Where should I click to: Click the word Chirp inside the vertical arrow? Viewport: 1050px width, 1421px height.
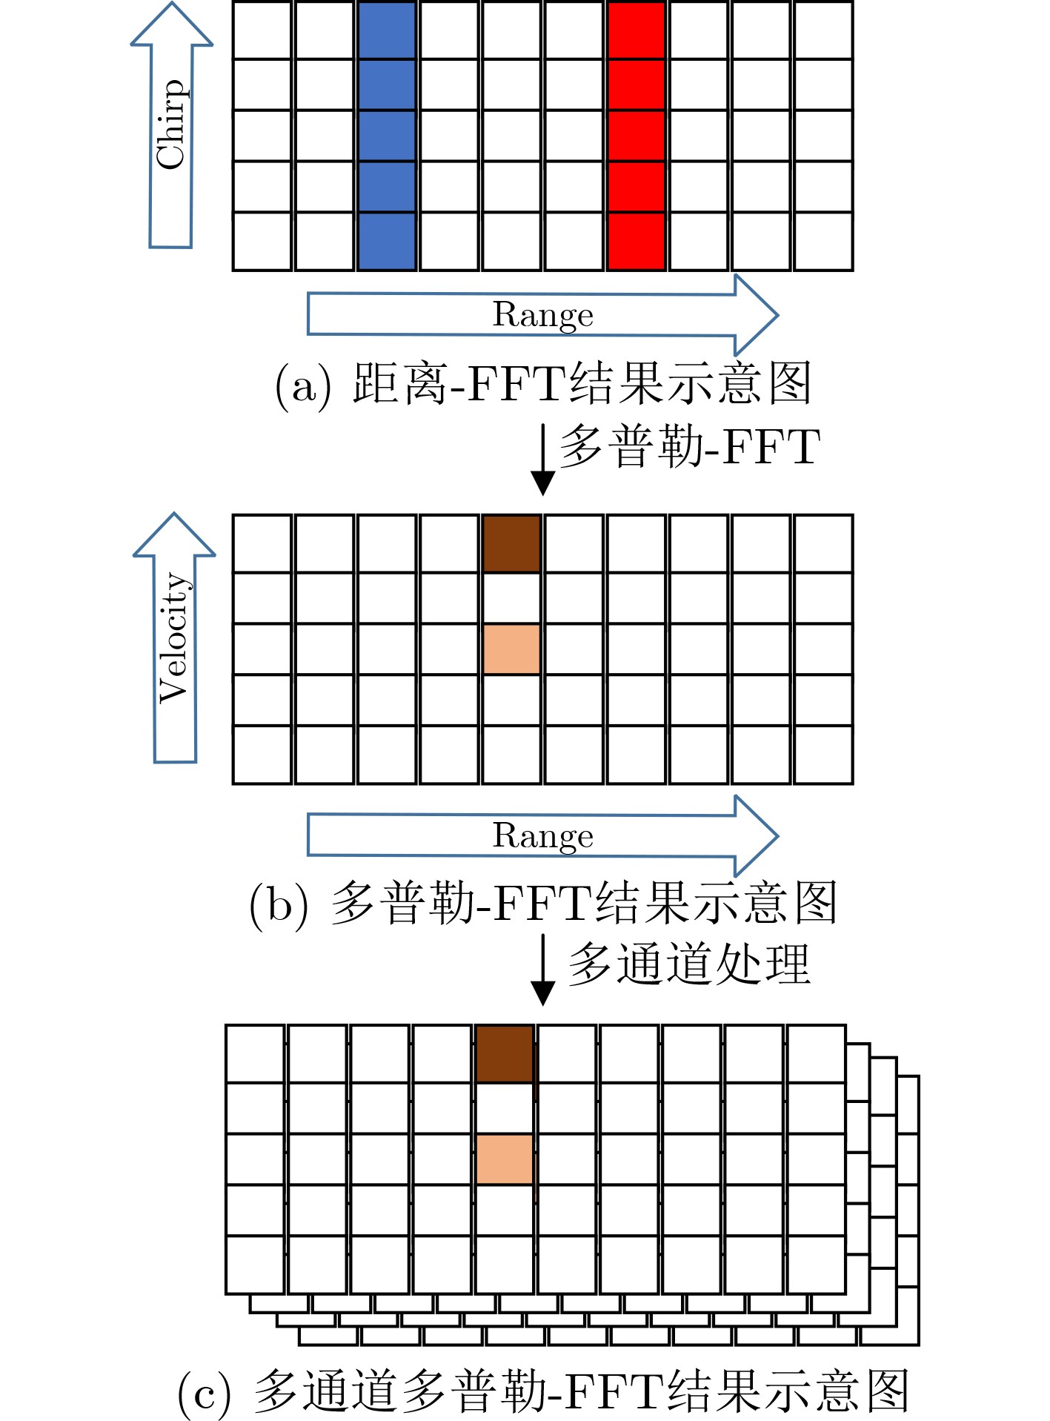click(170, 124)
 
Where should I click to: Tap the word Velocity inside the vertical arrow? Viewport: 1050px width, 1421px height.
click(175, 637)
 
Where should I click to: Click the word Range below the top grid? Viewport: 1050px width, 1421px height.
click(543, 315)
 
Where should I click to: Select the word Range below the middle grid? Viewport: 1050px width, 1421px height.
click(543, 836)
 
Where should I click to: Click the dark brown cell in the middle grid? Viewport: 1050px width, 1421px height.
click(511, 543)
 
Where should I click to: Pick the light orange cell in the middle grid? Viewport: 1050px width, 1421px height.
click(511, 649)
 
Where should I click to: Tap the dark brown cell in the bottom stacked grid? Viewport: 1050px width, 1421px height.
click(505, 1054)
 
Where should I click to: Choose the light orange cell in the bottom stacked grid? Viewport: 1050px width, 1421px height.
click(505, 1159)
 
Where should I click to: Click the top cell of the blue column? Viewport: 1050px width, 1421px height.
click(387, 30)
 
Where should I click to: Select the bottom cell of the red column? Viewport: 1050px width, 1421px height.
click(636, 241)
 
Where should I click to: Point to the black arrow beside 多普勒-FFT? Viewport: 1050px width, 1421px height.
click(543, 460)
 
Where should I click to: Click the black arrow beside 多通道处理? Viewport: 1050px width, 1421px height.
click(543, 970)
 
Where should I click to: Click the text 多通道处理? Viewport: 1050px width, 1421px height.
click(689, 964)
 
